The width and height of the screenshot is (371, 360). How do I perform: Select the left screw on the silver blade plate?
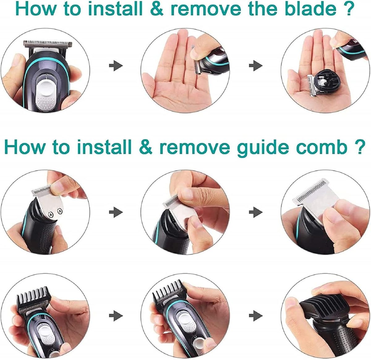pos(51,214)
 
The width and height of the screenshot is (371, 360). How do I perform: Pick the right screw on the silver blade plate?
pos(60,211)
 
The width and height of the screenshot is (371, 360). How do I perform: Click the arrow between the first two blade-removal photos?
pos(116,66)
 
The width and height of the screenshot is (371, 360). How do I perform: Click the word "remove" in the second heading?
pos(195,148)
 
